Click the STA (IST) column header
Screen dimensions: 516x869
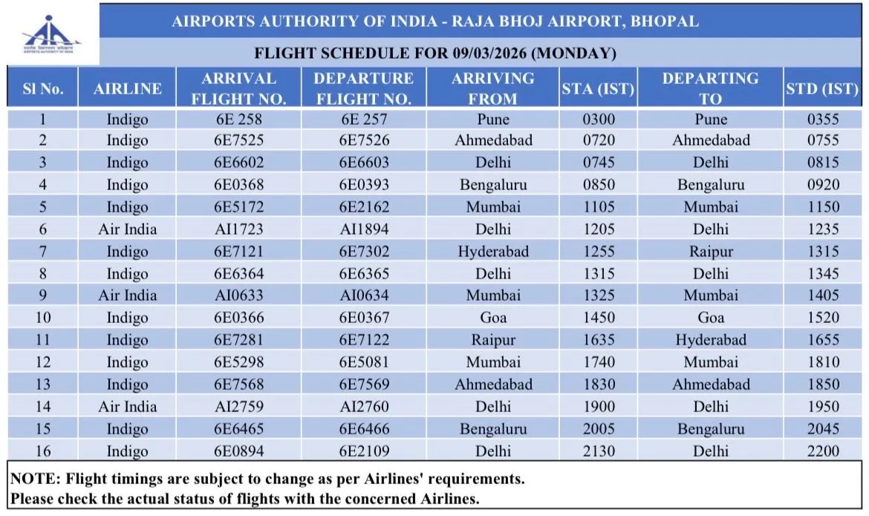point(597,88)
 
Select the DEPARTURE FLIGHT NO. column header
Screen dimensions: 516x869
point(363,88)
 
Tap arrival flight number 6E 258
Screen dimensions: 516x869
point(238,119)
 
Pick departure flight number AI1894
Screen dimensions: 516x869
point(363,229)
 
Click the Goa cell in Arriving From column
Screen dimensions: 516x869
point(493,318)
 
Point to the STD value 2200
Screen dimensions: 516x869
point(823,451)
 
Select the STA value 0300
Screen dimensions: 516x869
point(599,119)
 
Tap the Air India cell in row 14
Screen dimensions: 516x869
point(127,406)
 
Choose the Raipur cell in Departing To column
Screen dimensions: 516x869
point(710,251)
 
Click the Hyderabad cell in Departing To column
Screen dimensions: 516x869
point(710,340)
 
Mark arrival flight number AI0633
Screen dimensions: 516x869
point(238,295)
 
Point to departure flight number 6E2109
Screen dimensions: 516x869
point(363,451)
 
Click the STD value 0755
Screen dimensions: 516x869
point(823,140)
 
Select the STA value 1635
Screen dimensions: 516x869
point(599,340)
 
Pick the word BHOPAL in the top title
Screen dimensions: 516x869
point(665,22)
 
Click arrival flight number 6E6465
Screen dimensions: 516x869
point(238,428)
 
